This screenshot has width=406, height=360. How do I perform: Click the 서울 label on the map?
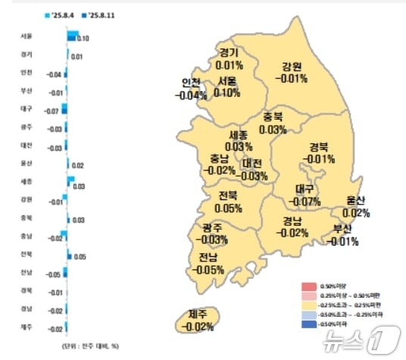(227, 81)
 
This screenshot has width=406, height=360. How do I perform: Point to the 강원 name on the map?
(291, 66)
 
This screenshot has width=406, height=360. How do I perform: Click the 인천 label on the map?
(191, 83)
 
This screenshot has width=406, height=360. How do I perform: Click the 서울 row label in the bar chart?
(27, 36)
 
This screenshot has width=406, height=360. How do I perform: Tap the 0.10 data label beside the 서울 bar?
(84, 38)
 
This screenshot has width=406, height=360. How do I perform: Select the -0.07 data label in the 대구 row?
(52, 111)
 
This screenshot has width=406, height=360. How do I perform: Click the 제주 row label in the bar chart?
(27, 327)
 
